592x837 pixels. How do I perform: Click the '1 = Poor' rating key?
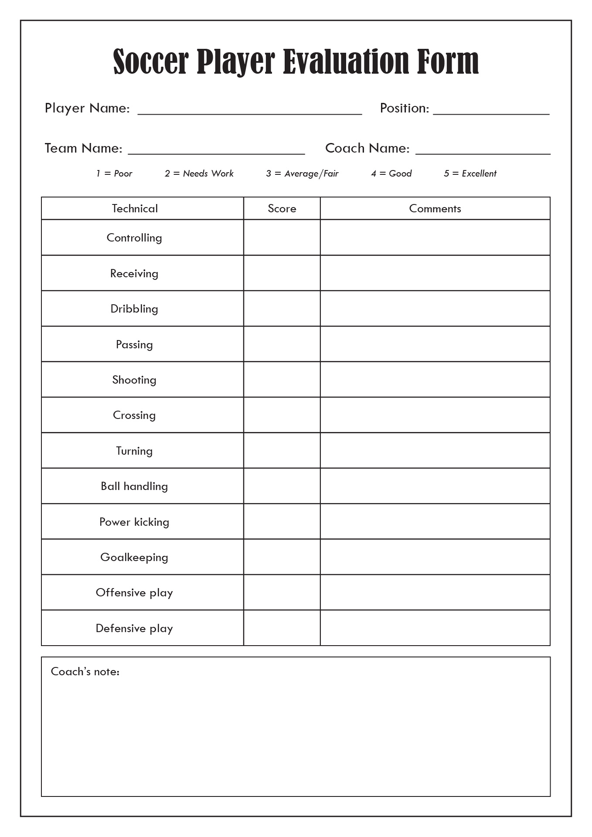[114, 174]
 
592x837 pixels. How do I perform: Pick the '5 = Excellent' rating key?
[470, 174]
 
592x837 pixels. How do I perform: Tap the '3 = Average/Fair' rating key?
[302, 174]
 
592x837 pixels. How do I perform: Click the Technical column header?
[135, 208]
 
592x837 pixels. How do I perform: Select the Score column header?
[282, 208]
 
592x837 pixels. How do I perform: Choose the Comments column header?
[435, 208]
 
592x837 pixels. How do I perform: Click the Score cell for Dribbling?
[282, 309]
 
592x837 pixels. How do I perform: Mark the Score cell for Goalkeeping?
[282, 557]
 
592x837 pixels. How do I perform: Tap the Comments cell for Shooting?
[435, 380]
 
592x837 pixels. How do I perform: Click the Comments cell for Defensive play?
[435, 628]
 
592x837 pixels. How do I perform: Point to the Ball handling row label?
[134, 486]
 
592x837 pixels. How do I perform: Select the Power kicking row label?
[134, 522]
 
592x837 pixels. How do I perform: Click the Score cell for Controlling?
[282, 238]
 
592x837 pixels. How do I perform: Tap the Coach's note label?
[85, 671]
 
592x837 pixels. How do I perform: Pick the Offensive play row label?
[134, 592]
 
